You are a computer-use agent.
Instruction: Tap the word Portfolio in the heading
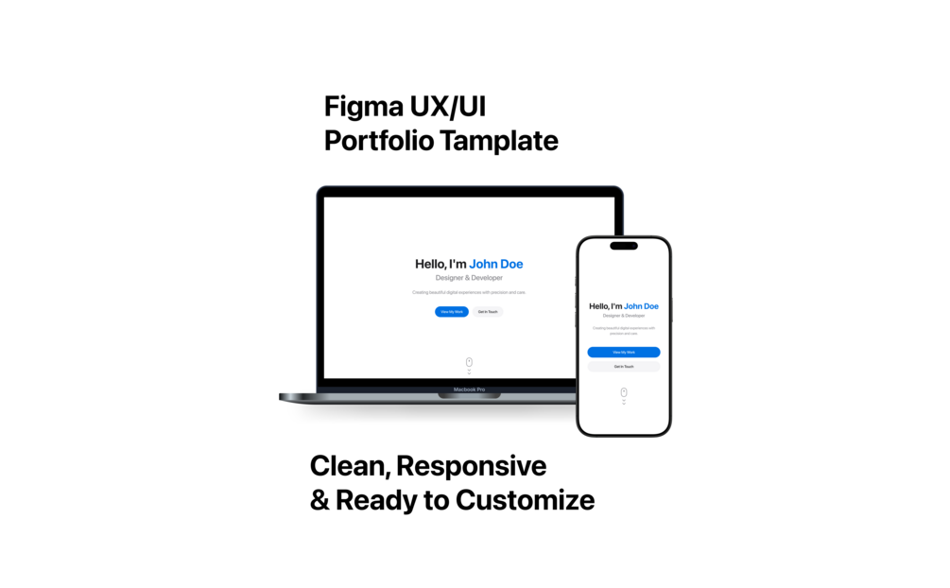click(x=379, y=141)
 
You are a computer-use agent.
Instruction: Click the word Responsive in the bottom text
click(x=471, y=466)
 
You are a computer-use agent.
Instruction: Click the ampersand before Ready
click(x=320, y=500)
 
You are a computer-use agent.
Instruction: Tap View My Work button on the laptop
click(x=451, y=312)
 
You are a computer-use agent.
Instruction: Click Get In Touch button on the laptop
click(x=488, y=312)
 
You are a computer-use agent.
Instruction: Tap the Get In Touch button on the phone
click(x=624, y=366)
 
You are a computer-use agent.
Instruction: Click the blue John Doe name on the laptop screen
click(x=496, y=264)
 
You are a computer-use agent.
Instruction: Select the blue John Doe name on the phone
click(x=641, y=306)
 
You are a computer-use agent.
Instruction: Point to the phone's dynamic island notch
click(x=624, y=246)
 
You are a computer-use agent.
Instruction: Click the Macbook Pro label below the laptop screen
click(x=469, y=389)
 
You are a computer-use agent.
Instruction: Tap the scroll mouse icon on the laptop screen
click(x=469, y=362)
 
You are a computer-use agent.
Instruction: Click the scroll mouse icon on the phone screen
click(x=624, y=391)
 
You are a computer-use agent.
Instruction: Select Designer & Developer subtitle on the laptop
click(x=469, y=278)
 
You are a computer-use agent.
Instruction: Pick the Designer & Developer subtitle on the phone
click(x=624, y=316)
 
